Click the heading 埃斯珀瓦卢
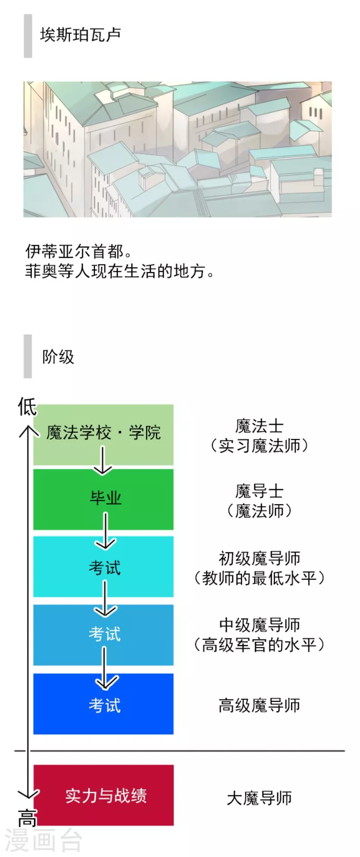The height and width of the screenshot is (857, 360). pos(80,35)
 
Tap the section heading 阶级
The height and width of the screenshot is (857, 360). pos(58,357)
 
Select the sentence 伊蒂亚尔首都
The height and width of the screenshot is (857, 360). pos(78,251)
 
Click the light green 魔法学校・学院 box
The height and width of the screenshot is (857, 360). pos(103,435)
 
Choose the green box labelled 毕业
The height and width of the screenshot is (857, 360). pos(103,499)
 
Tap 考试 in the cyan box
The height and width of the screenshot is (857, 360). pos(104,568)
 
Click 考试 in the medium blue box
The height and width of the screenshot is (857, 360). pos(104,634)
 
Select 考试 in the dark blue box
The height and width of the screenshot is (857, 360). pos(104,705)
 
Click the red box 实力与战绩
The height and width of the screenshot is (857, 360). pos(103,795)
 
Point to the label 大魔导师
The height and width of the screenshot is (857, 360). pos(259,798)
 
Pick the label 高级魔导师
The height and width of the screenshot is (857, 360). pos(259,705)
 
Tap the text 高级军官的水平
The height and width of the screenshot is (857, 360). pos(259,645)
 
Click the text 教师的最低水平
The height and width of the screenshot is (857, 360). pos(259,578)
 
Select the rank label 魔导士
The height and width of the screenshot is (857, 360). pos(259,491)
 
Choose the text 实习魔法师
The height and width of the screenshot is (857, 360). pos(259,446)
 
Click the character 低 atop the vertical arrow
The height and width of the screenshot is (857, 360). pos(27,407)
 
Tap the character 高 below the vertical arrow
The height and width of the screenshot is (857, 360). pos(27,817)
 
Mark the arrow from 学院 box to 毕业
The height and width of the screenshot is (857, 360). pos(103,460)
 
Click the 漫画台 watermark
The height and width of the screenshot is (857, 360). pos(44,839)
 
